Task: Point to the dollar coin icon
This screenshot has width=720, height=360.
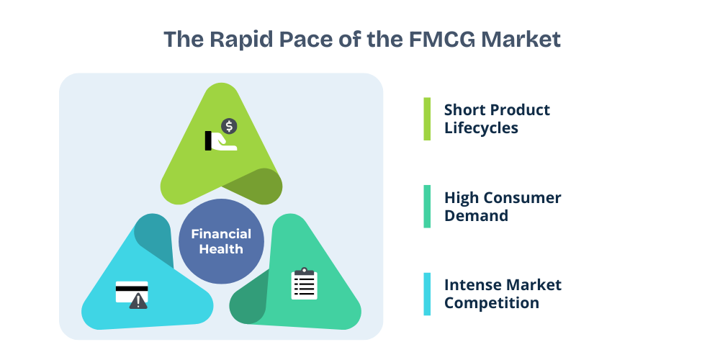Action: pos(229,127)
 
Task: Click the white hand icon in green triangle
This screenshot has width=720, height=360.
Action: pos(222,140)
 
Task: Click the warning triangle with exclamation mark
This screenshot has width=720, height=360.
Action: pos(138,301)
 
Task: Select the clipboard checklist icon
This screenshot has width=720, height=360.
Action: pos(304,284)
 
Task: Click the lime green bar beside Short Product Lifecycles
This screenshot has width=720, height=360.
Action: pos(427,119)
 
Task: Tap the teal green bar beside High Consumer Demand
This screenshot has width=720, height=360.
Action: pos(427,207)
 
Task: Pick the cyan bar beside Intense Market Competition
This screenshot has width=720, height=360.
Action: pos(427,294)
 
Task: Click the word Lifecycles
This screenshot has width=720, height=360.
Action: pos(481,128)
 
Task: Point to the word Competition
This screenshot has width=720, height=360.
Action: pos(492,302)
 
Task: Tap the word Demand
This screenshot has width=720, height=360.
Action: pos(477,215)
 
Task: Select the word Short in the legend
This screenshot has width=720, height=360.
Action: pos(464,110)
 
